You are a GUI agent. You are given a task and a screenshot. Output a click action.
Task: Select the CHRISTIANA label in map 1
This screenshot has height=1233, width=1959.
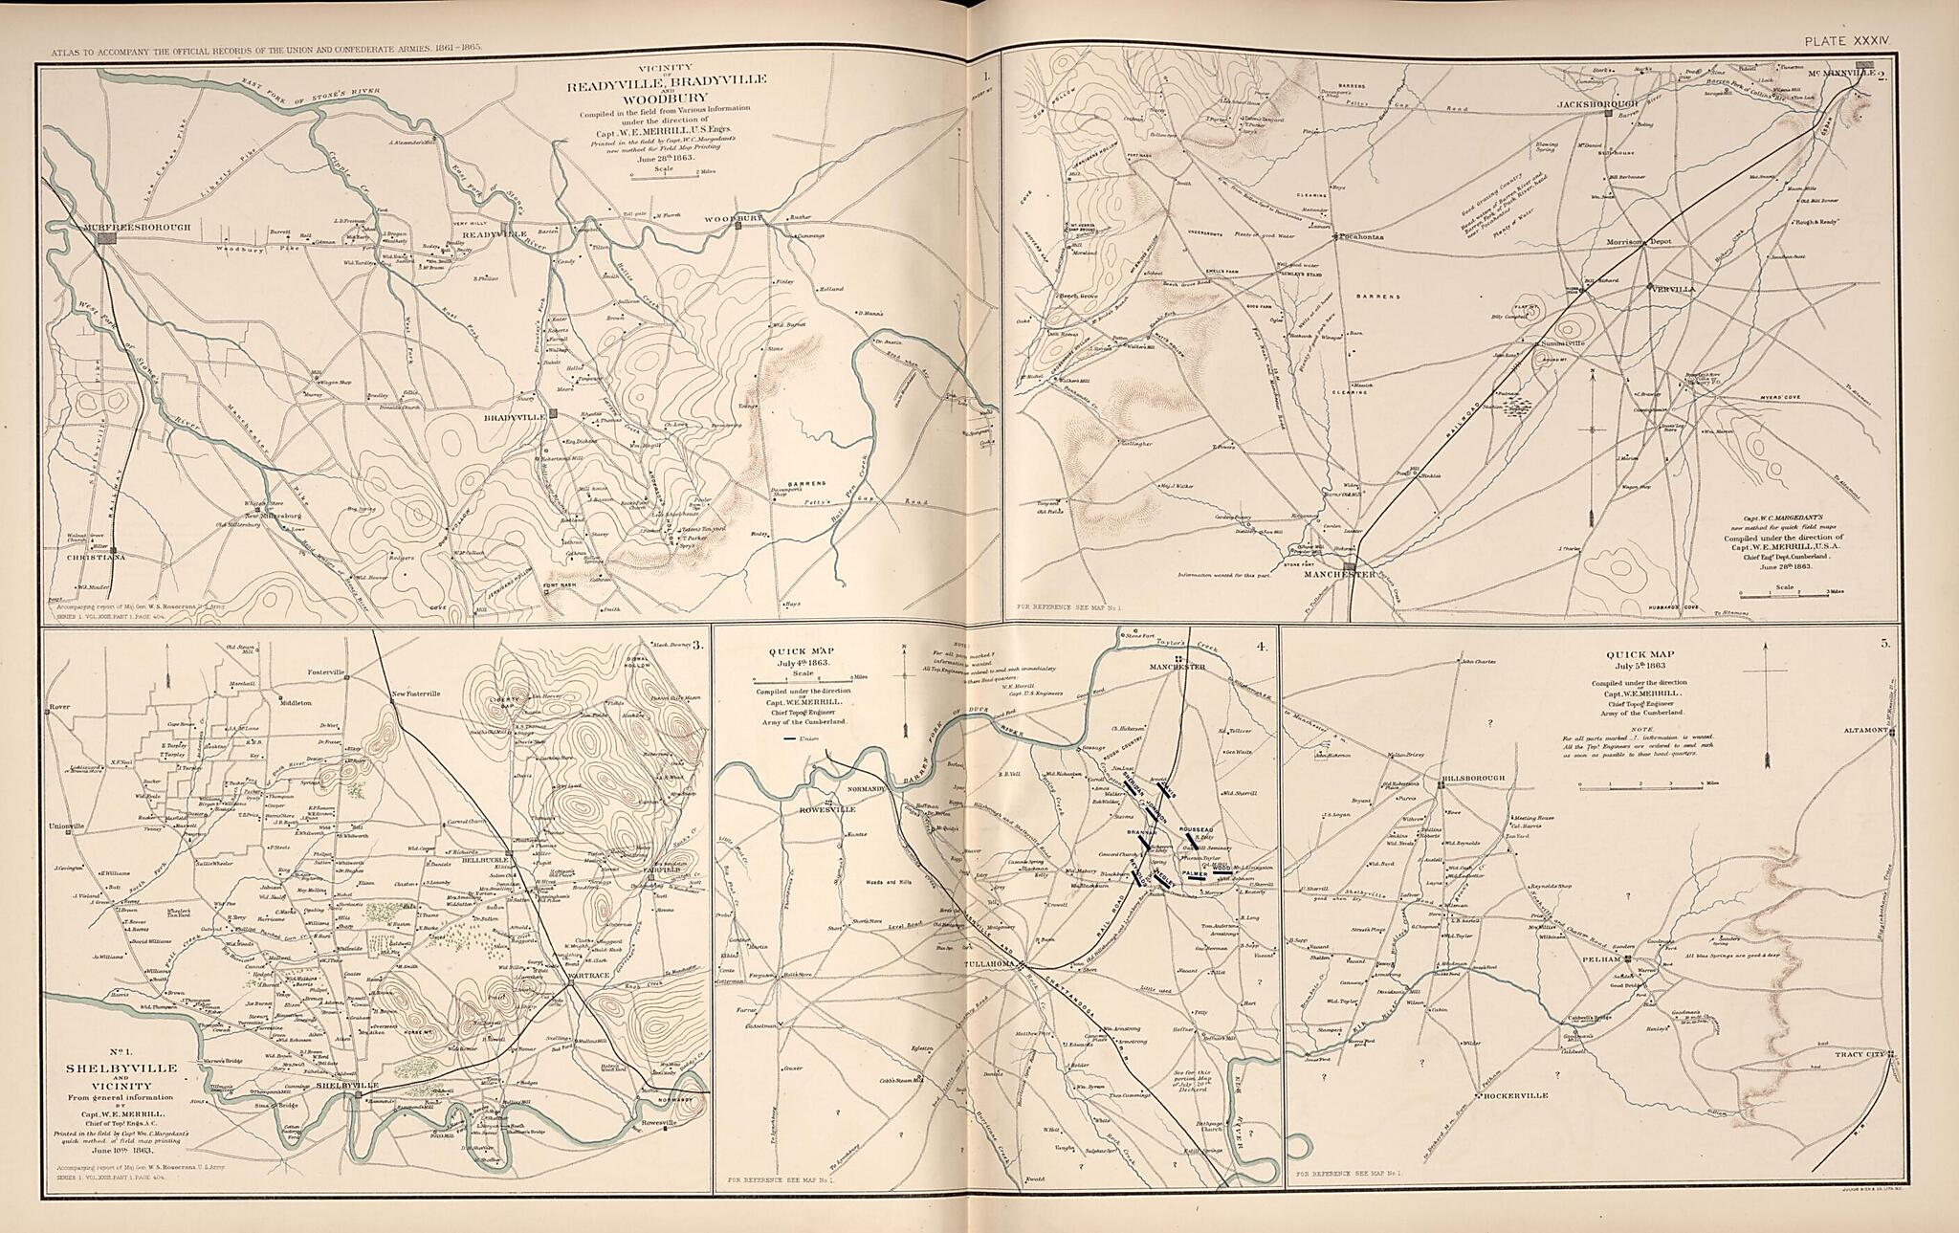tap(96, 557)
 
